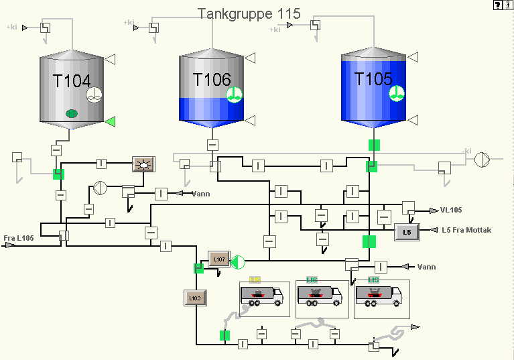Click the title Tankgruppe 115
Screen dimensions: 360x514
[249, 13]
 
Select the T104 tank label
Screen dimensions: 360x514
[71, 81]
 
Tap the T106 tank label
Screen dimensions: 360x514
[212, 79]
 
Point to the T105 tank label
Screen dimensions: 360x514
[373, 79]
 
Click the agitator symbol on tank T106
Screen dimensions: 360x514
[233, 95]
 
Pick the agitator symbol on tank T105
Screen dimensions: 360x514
[397, 93]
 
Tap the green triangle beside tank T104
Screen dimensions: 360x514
[111, 121]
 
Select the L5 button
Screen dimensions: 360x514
[407, 231]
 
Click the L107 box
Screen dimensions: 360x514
[218, 259]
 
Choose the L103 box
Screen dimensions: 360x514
[194, 297]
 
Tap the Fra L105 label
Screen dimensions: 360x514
[19, 238]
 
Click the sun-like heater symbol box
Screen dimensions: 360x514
[143, 164]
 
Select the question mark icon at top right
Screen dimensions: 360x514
[498, 5]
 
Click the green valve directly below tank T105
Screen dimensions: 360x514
[374, 145]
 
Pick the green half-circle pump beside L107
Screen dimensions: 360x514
[238, 261]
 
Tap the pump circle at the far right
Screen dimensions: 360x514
[482, 160]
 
